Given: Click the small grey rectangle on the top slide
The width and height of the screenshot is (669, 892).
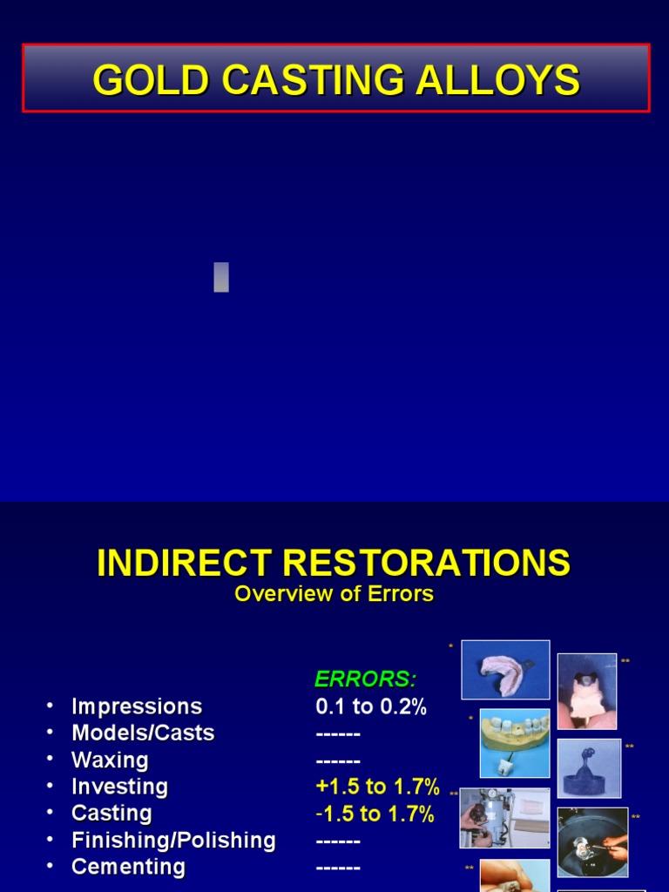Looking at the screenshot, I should [221, 277].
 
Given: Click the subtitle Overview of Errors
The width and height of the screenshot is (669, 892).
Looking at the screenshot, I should [334, 594].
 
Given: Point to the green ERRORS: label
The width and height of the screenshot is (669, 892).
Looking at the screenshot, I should [365, 679].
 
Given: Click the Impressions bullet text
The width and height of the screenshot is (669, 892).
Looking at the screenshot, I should [137, 706].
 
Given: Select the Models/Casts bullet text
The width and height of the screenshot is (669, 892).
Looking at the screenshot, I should [143, 733].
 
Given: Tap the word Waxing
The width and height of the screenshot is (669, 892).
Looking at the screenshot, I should [110, 760].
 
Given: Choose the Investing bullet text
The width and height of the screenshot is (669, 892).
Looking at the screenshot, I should [119, 787].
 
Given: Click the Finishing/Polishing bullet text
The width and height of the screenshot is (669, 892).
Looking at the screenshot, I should [173, 841].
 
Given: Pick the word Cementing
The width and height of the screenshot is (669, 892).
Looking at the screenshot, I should [128, 868].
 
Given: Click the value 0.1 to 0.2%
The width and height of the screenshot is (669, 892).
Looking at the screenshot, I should [371, 706].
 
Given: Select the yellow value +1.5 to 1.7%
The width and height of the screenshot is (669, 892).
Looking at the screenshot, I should [377, 787].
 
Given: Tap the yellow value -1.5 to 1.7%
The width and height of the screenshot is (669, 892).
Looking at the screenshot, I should [375, 814].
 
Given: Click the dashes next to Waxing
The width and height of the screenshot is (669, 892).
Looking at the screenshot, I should [338, 760].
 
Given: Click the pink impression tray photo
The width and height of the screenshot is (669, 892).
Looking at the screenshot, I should [505, 669].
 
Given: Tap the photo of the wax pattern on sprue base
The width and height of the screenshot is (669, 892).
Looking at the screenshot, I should [589, 767].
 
